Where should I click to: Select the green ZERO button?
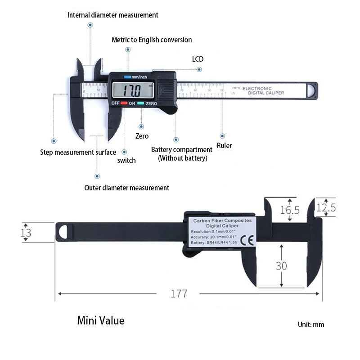coord(140,103)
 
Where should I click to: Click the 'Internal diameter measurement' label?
coord(113,15)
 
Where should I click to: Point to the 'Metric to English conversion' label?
coord(152,40)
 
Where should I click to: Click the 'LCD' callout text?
coord(198,59)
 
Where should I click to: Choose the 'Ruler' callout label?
coord(224,145)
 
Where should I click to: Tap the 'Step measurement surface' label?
coord(78,152)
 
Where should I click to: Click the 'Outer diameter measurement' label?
coord(127,188)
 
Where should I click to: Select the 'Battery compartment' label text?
coord(182,149)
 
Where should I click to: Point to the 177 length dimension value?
coord(179,294)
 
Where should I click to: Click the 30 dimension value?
coord(281,266)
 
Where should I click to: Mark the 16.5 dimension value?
coord(290,210)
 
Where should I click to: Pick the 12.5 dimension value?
coord(326,208)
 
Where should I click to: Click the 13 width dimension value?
coord(26,233)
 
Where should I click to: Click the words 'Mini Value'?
coord(100,321)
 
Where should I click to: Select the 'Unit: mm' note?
coord(310,324)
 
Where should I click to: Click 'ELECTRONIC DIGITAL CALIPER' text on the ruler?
coord(263,90)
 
